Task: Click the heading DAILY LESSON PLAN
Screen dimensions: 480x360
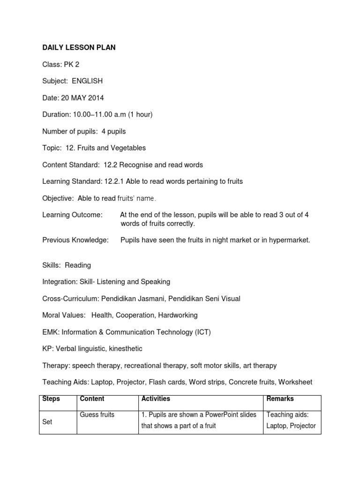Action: pyautogui.click(x=79, y=47)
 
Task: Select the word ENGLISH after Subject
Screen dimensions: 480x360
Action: pyautogui.click(x=87, y=81)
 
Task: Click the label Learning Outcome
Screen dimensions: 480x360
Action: pyautogui.click(x=72, y=215)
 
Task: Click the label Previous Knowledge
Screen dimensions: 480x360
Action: pyautogui.click(x=75, y=240)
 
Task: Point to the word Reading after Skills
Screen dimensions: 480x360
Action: pyautogui.click(x=78, y=265)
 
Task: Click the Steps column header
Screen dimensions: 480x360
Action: pyautogui.click(x=51, y=399)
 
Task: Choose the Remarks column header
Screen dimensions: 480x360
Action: pyautogui.click(x=280, y=399)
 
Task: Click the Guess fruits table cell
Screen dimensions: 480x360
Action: pyautogui.click(x=97, y=415)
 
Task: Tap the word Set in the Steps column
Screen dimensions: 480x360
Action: pyautogui.click(x=47, y=422)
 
